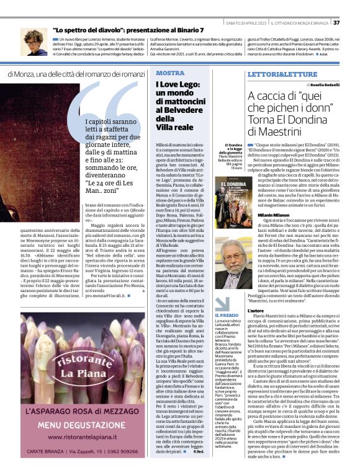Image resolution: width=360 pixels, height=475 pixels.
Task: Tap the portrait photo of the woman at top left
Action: click(x=34, y=42)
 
